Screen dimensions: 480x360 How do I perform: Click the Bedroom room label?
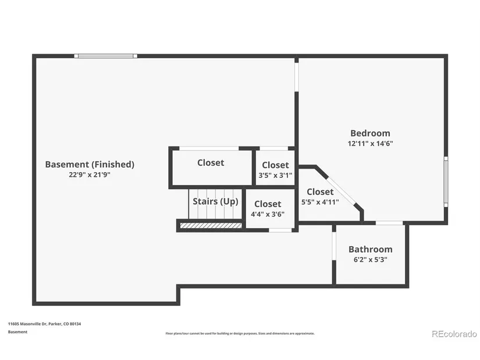[370, 133]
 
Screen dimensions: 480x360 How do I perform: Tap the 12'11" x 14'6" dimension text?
[370, 143]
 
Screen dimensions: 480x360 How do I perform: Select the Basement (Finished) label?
[90, 165]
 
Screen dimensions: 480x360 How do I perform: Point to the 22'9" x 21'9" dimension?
[90, 175]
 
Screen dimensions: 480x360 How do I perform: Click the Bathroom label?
[371, 249]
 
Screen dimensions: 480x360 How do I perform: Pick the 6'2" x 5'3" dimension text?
[371, 259]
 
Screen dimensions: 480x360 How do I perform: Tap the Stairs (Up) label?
[215, 201]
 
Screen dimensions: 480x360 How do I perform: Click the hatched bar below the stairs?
[211, 226]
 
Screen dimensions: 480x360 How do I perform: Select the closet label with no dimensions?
[211, 162]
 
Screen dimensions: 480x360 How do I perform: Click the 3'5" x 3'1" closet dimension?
[275, 175]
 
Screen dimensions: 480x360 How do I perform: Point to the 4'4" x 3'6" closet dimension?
[268, 214]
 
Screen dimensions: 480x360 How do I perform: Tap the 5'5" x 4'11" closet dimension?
[320, 202]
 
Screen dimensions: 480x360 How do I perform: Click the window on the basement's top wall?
[106, 56]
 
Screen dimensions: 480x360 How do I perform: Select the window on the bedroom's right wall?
[446, 182]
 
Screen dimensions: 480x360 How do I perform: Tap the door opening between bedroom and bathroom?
[389, 223]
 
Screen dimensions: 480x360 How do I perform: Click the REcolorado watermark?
[454, 334]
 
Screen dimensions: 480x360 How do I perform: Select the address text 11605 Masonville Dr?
[27, 324]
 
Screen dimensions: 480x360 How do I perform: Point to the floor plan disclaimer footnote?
[240, 333]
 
